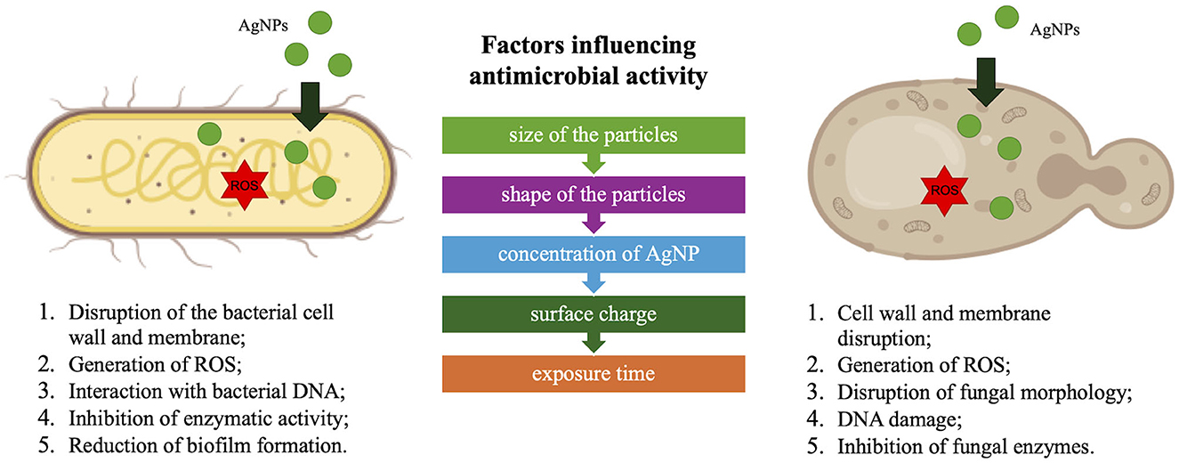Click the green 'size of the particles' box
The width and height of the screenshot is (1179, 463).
pos(594,135)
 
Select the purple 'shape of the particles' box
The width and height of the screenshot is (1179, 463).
pos(594,195)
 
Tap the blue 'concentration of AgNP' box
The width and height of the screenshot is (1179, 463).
pos(594,255)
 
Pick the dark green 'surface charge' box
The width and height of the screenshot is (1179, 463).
pos(594,314)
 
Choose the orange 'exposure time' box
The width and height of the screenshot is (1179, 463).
pos(594,374)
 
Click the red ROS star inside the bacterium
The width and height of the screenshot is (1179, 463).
pos(244,185)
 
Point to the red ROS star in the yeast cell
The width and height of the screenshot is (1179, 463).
pos(944,191)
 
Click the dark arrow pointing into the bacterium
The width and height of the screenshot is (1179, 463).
pos(311,107)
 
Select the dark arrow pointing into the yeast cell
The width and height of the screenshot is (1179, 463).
pos(986,83)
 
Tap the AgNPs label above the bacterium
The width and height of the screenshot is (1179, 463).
pos(263,25)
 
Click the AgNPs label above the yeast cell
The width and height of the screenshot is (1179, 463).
pos(1054,29)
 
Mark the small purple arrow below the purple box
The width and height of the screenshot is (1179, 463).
pos(594,223)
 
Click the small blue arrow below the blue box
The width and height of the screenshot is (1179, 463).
pos(594,283)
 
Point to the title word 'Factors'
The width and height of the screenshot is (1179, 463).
pos(527,45)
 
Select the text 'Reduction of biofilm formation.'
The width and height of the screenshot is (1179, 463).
pos(208,445)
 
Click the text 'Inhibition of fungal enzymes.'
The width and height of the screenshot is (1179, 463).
pos(965,447)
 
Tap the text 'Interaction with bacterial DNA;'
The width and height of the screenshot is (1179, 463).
pos(206,392)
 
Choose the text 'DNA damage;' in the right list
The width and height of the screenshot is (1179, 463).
pos(900,419)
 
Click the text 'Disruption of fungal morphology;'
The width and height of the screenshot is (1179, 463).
pos(985,393)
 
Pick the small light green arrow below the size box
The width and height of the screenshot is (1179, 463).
pos(594,164)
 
